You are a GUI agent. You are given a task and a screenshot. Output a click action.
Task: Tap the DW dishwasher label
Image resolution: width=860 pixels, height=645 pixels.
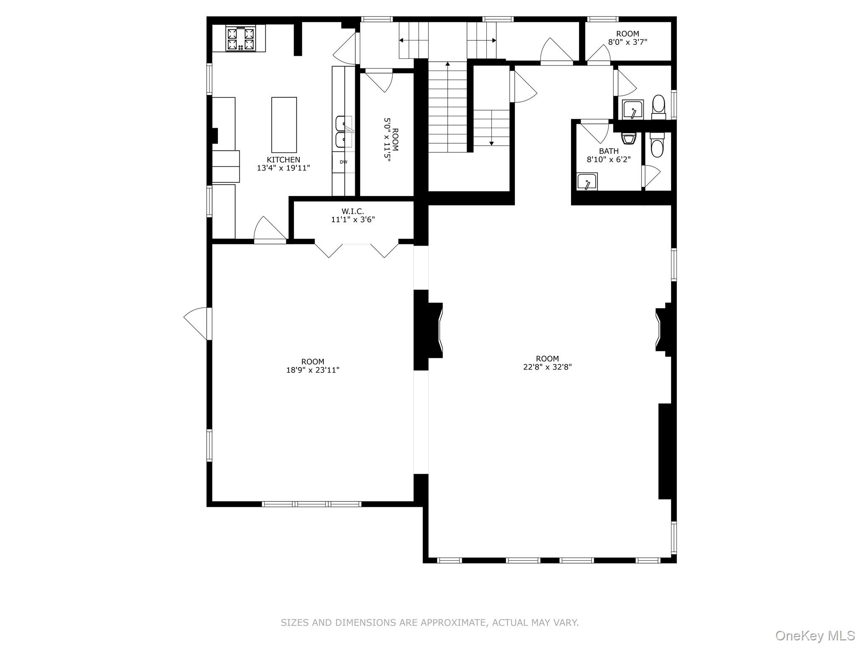coord(343,162)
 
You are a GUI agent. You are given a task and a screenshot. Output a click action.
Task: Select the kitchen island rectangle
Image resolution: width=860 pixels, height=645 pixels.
coord(284,125)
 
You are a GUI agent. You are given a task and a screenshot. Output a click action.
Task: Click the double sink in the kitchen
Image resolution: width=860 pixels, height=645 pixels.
coord(344,132)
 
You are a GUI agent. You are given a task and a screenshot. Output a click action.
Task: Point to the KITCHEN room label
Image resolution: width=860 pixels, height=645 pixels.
coord(283,160)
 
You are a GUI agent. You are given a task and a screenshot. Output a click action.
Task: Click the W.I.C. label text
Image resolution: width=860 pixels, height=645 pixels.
coord(352,211)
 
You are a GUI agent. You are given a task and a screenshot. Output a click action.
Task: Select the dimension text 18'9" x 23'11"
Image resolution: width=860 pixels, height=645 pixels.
coord(312,370)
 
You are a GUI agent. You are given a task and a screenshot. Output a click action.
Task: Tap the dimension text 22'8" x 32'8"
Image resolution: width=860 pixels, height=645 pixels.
coord(547,367)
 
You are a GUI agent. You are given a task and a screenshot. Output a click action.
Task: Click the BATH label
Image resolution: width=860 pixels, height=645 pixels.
coord(608,151)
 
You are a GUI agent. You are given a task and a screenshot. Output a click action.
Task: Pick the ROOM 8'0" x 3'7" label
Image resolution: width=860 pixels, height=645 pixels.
coord(627,38)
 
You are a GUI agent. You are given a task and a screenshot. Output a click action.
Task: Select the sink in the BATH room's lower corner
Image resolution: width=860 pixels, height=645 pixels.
coord(587,182)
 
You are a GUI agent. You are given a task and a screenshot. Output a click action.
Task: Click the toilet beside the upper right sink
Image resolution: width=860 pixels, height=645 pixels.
coord(658,107)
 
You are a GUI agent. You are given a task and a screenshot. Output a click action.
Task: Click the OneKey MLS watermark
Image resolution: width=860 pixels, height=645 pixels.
coord(815,635)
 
